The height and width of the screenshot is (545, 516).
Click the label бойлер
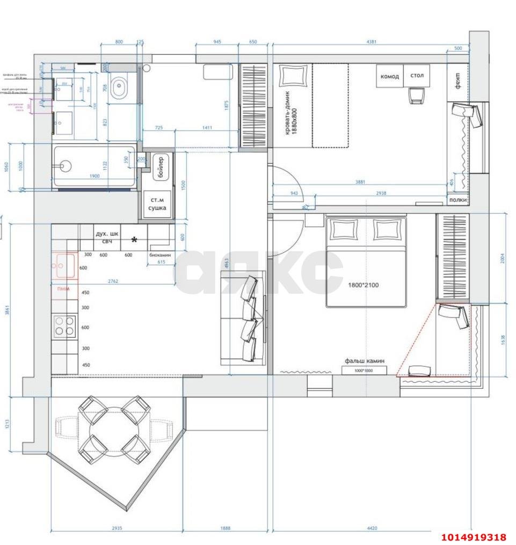click(159, 168)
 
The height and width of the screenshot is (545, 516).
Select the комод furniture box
click(389, 76)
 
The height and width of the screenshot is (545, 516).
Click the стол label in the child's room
click(417, 76)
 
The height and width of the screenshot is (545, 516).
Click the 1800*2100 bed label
click(363, 285)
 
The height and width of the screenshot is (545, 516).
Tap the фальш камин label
click(364, 361)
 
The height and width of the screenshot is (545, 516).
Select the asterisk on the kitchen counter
click(134, 240)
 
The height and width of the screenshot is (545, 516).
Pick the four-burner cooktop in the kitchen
click(64, 326)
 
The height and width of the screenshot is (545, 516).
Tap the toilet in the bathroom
click(119, 88)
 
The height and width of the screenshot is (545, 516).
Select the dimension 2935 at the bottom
click(117, 528)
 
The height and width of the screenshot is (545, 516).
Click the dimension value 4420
click(372, 528)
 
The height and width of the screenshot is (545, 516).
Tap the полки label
click(457, 200)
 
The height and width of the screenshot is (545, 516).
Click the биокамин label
click(160, 256)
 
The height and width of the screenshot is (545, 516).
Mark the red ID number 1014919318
click(474, 537)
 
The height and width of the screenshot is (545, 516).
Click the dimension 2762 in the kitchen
click(113, 281)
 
